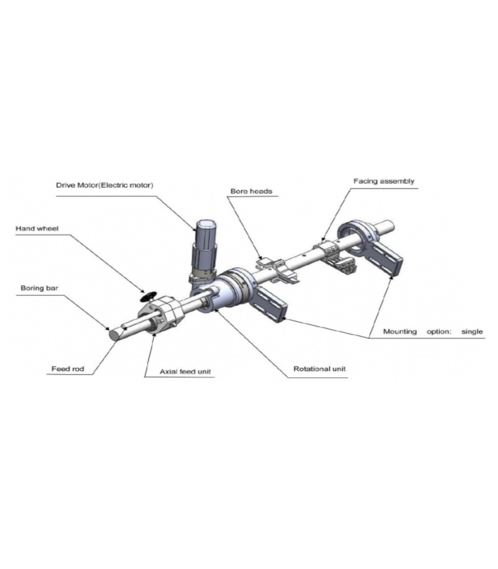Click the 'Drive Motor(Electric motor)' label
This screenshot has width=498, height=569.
(105, 185)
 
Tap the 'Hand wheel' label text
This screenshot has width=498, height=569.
(37, 229)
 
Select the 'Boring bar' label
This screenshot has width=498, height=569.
(39, 288)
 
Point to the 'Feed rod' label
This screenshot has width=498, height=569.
(68, 369)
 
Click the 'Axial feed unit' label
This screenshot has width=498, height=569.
(185, 372)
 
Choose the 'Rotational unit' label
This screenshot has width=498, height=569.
(320, 369)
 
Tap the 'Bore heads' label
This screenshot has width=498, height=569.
(251, 191)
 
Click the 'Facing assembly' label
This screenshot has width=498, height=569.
(384, 181)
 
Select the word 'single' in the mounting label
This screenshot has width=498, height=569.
(472, 332)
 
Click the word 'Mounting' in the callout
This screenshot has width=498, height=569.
(400, 332)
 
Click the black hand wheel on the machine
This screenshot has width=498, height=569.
(148, 296)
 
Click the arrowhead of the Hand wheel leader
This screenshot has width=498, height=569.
(143, 291)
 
